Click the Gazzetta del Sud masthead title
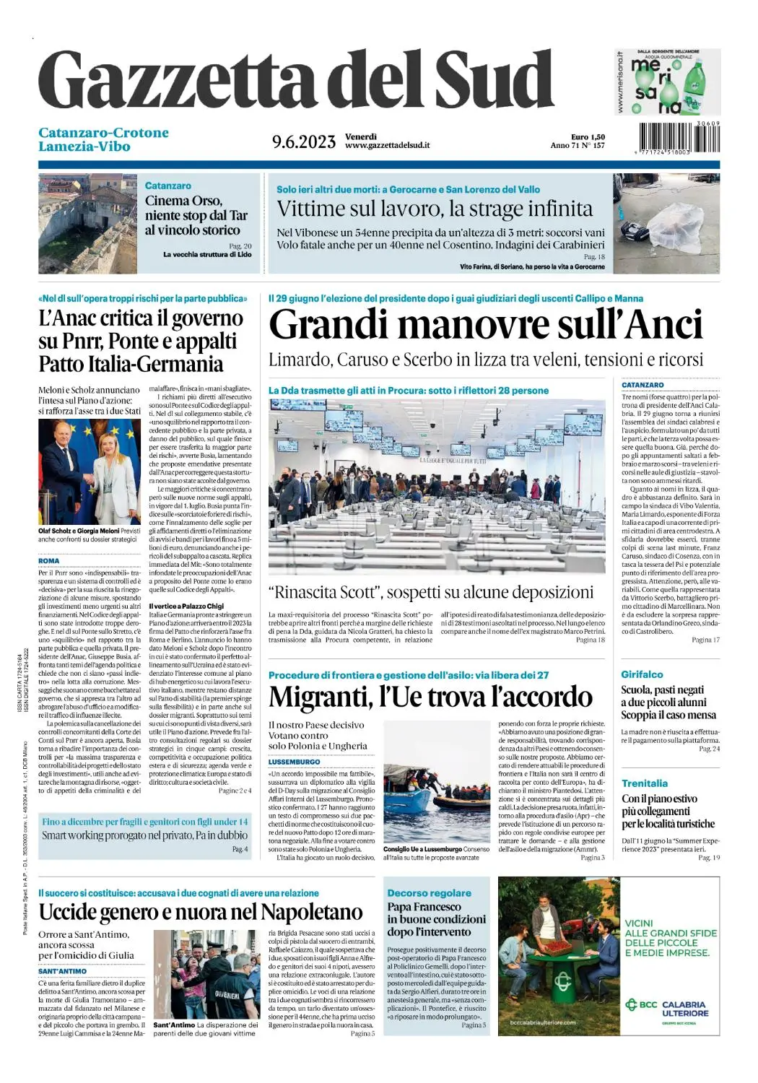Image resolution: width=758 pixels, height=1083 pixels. point(296,81)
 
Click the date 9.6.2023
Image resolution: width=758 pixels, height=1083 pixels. point(304,142)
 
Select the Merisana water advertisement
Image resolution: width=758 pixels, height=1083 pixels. point(668,82)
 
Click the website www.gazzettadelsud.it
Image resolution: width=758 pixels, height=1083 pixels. point(388,145)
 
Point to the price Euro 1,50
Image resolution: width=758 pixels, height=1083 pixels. point(588,136)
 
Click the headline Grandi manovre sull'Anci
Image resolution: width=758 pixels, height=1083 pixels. point(485,324)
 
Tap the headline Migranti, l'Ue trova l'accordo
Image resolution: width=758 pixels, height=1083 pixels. point(430,697)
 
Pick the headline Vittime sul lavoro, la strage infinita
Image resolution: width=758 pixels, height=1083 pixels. point(435,209)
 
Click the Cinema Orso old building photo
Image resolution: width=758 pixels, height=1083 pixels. point(87,223)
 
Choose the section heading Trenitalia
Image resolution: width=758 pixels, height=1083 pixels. point(644,783)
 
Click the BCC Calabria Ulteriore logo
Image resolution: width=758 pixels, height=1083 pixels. point(666,1008)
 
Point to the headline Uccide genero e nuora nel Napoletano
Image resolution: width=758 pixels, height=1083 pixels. point(201,912)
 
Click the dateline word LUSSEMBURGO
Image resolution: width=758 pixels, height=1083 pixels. point(294,762)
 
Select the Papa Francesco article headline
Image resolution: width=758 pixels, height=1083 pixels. point(436,919)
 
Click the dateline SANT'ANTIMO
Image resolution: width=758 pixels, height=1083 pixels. point(62,971)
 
